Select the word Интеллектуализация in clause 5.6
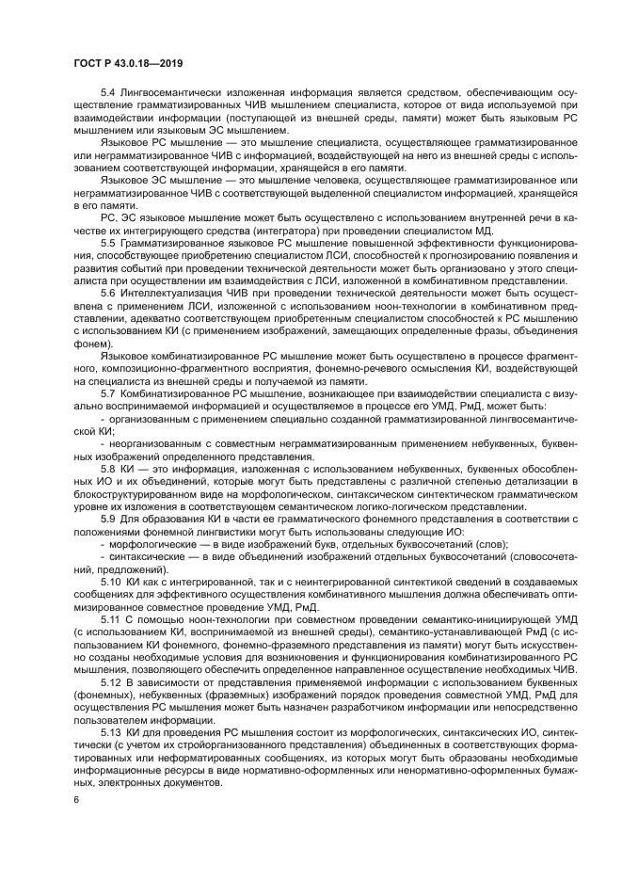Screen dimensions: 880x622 tap(175, 295)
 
